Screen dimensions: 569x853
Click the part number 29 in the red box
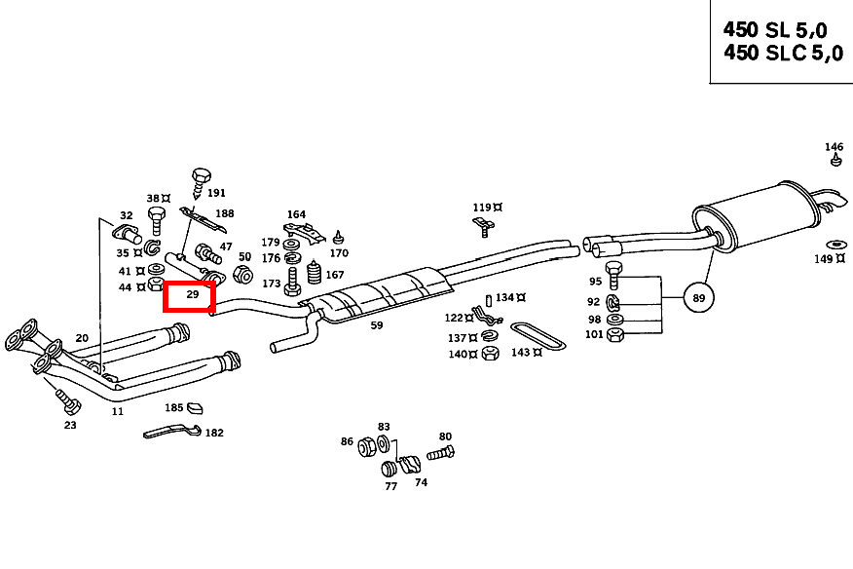pos(192,293)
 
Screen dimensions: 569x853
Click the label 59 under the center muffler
pos(376,326)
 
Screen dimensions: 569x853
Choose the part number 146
pos(834,148)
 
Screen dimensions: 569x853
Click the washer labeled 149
pos(835,244)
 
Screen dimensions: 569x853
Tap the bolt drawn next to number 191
pos(201,178)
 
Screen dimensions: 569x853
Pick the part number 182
pos(214,432)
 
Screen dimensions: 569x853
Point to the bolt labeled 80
pos(439,453)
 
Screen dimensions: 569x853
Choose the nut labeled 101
pos(615,335)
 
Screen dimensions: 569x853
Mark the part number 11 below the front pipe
pos(117,411)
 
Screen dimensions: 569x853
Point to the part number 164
pos(296,214)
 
